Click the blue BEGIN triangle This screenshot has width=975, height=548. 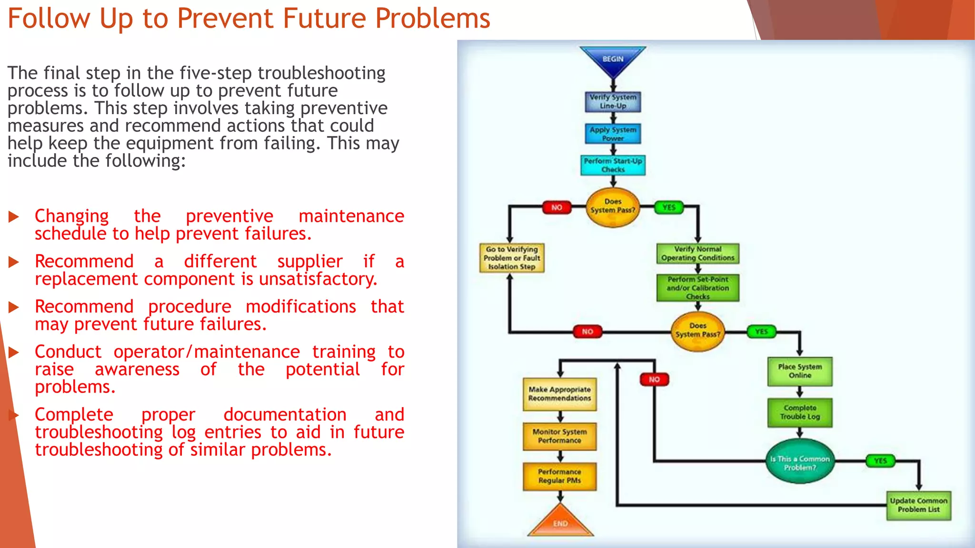(x=613, y=60)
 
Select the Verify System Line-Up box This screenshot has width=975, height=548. (x=613, y=101)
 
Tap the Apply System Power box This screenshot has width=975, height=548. (x=613, y=134)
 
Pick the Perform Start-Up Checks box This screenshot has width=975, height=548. (x=613, y=165)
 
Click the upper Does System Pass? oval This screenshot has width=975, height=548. (x=613, y=206)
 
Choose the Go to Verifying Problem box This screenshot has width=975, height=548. (x=512, y=258)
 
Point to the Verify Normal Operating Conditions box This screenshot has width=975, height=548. (x=697, y=254)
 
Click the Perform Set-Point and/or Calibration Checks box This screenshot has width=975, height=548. (x=697, y=288)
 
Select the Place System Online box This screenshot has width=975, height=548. (x=800, y=371)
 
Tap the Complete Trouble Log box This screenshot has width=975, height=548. (x=800, y=412)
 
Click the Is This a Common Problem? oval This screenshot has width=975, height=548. (x=800, y=462)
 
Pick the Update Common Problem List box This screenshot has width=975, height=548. (x=918, y=505)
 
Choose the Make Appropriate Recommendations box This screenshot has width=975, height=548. (x=559, y=394)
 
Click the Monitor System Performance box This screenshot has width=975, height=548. (x=559, y=436)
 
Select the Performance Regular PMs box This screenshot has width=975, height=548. (x=559, y=476)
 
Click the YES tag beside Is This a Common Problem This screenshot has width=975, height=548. (x=880, y=460)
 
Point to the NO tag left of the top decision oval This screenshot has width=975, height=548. (x=557, y=207)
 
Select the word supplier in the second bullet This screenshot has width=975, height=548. (x=310, y=262)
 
